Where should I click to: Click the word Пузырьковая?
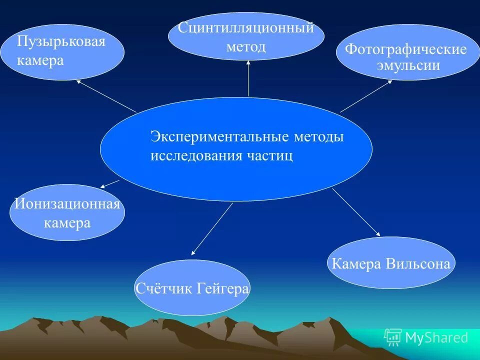pos(61,41)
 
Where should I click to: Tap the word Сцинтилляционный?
pos(246,28)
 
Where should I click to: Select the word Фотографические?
pos(406,49)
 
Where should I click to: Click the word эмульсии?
pos(407,65)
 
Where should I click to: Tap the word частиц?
pos(269,155)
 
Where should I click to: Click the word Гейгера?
pos(222,288)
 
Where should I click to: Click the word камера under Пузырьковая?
pos(40,60)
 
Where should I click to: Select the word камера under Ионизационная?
pos(67,223)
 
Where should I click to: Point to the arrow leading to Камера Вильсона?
pos(355,211)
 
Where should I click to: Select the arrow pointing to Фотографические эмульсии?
pos(366,96)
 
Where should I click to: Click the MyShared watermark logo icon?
pos(392,338)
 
